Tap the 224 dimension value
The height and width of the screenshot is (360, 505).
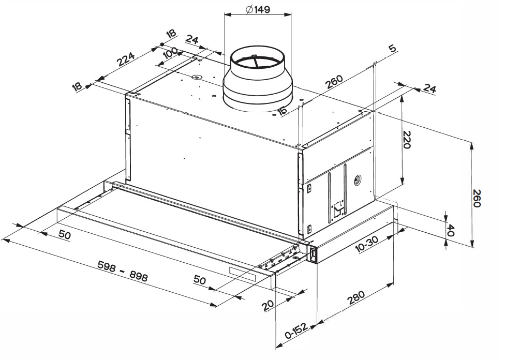coord(126,58)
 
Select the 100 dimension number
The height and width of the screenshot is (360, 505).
coord(170,53)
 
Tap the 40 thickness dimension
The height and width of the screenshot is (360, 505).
coord(450,229)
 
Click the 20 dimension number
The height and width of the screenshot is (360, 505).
coord(268,305)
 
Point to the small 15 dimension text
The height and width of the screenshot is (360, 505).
coord(283,110)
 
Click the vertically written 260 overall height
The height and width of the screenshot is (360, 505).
coord(477,197)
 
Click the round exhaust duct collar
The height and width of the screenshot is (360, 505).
coord(257,83)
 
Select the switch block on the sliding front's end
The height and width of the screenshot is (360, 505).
coord(313,253)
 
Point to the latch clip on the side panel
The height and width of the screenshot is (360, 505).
coord(338,208)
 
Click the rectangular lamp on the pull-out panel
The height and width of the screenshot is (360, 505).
coord(243,275)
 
